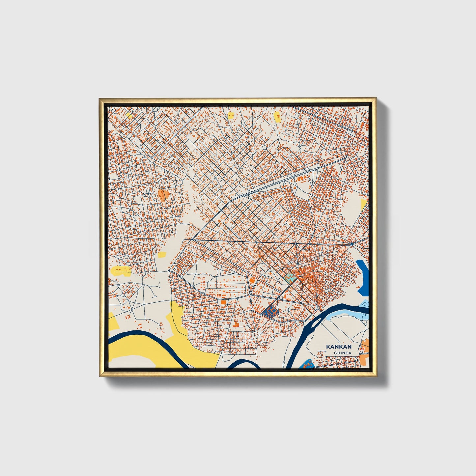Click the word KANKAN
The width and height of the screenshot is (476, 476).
(339, 347)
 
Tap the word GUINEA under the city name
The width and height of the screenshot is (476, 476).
(342, 353)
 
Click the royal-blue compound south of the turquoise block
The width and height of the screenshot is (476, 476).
(271, 311)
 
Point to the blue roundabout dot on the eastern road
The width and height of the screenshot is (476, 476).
(352, 244)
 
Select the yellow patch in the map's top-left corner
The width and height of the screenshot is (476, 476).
(129, 116)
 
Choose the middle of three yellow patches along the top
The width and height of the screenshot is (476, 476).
(231, 115)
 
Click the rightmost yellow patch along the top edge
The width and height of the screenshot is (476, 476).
(277, 116)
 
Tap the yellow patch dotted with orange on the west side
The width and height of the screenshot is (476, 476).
(121, 271)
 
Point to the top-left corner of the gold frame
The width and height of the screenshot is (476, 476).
(100, 98)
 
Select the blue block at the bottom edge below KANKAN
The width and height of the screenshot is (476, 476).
(308, 364)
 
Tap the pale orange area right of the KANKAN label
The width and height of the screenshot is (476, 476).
(365, 348)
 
